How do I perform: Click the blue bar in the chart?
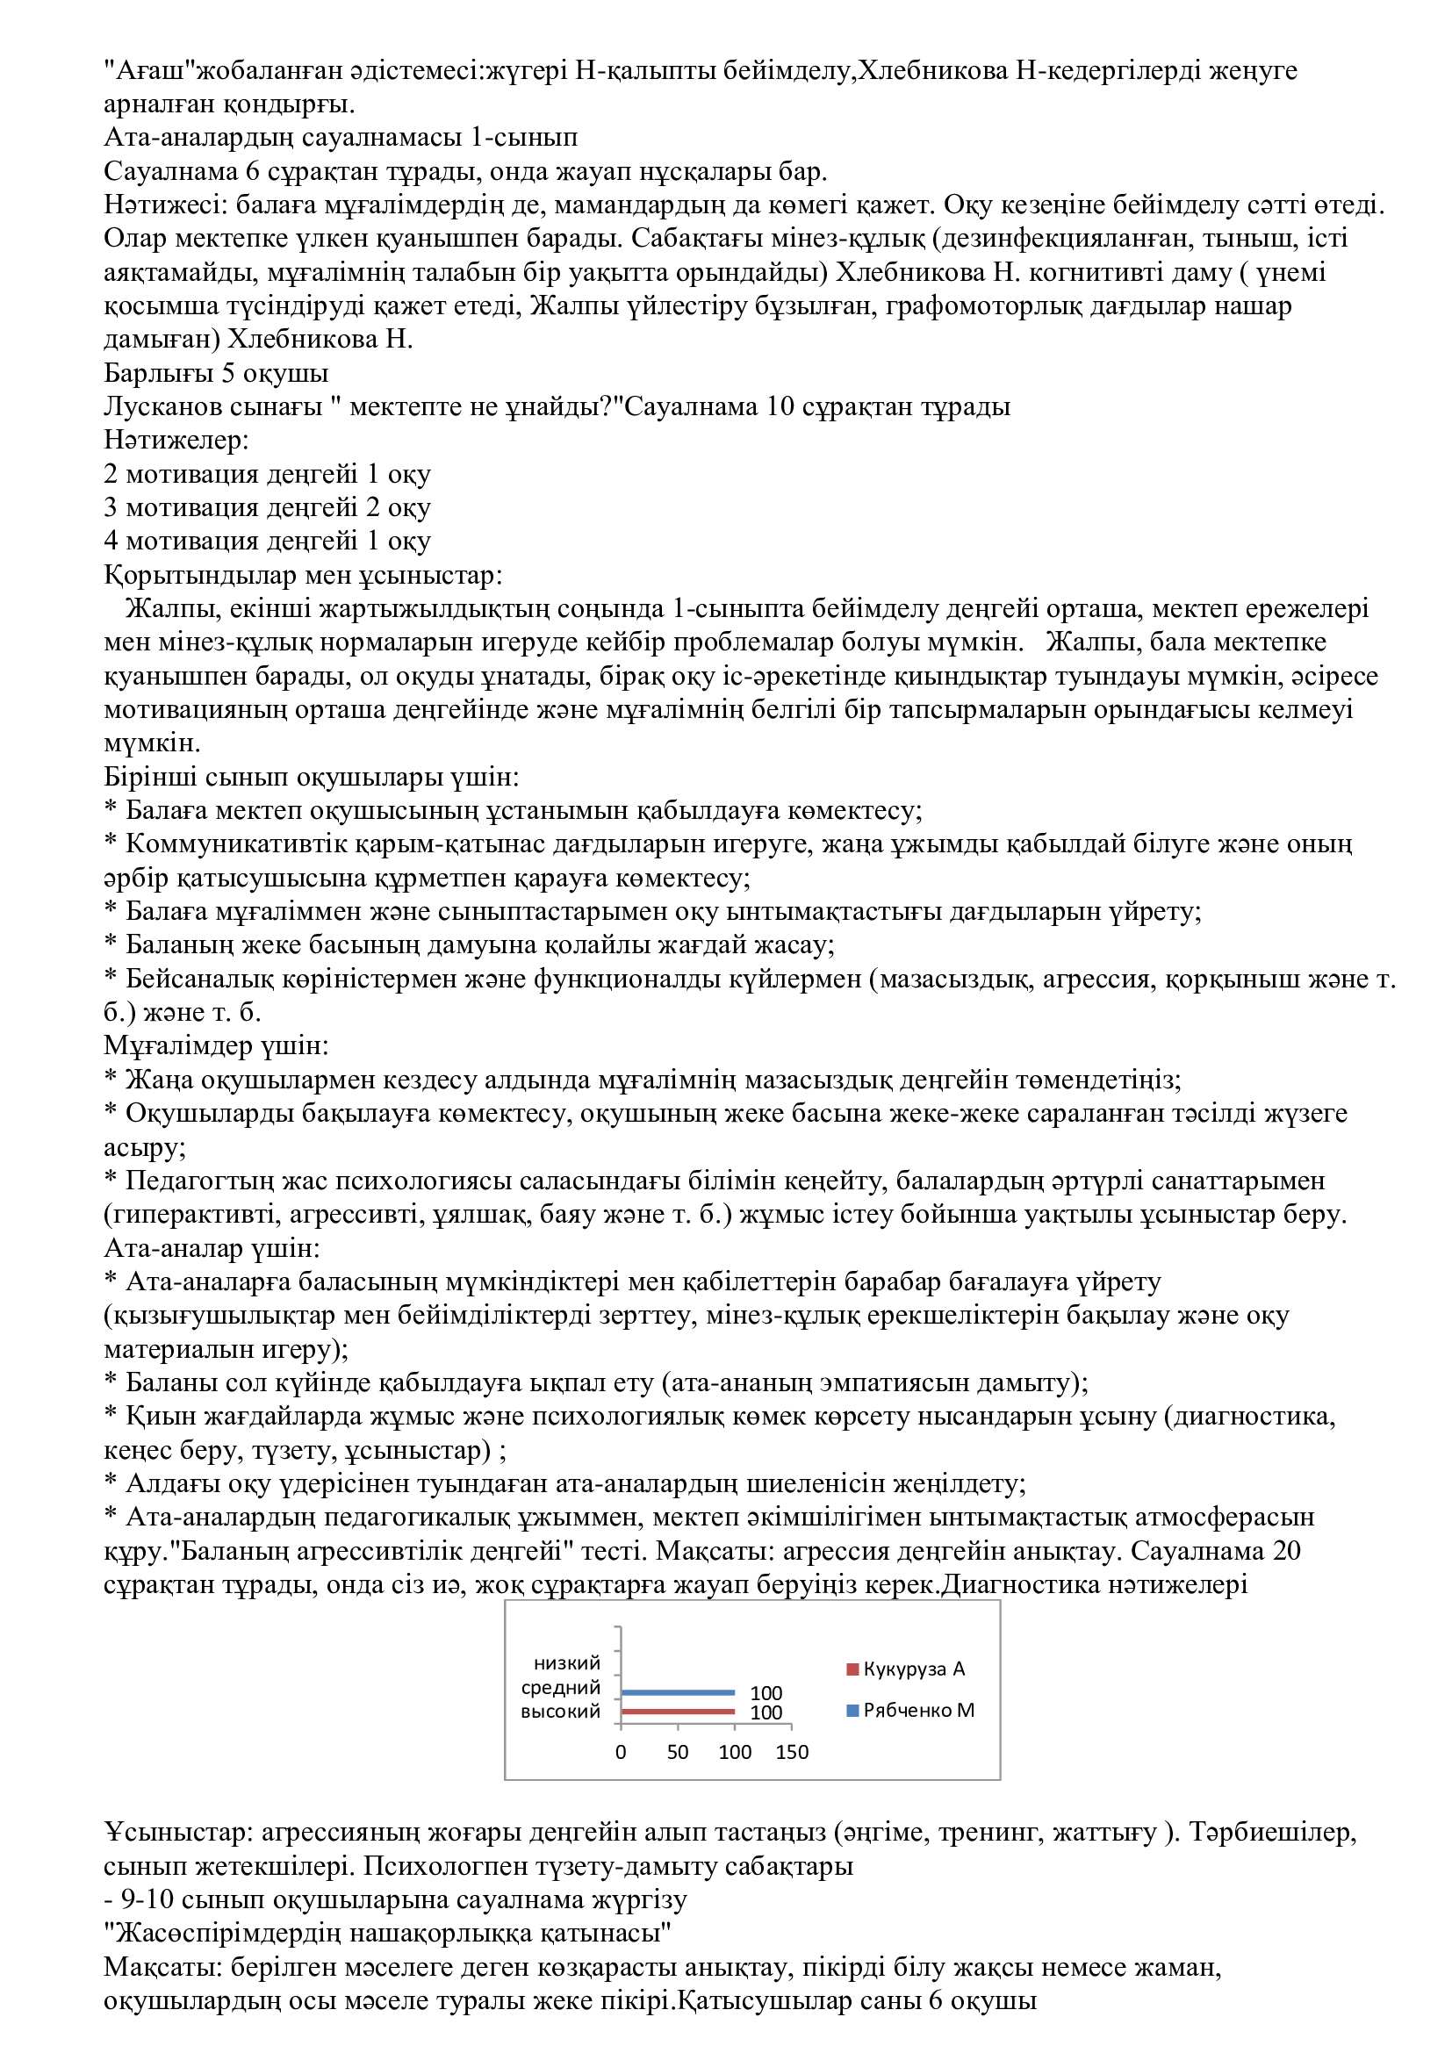click(677, 1691)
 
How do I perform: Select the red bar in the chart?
click(677, 1712)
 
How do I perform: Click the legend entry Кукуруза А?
click(913, 1669)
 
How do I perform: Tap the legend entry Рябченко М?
click(917, 1710)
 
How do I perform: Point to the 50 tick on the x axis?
click(677, 1752)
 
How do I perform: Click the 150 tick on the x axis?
click(792, 1752)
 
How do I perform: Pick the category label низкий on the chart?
click(567, 1663)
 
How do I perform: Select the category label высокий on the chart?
click(561, 1712)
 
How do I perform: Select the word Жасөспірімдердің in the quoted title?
click(226, 1933)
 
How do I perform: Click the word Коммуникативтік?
click(229, 844)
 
